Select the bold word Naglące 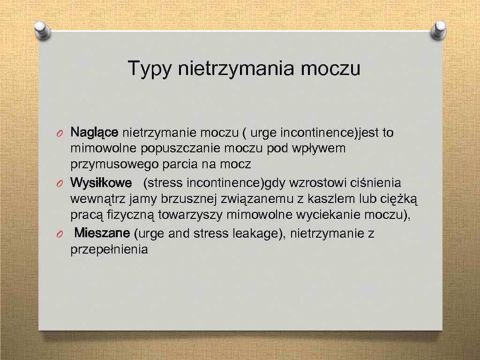pos(94,133)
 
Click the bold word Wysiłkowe pos(101,182)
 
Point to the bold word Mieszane pos(102,233)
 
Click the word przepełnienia pos(109,250)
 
